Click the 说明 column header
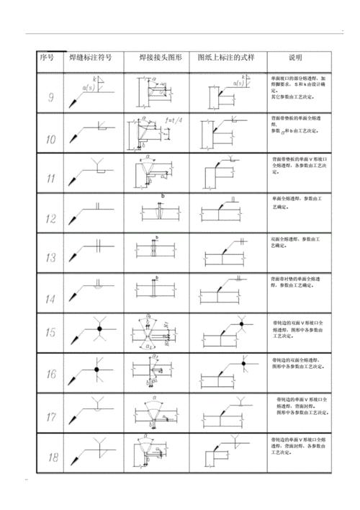point(295,57)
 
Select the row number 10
point(51,138)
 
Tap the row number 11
point(51,178)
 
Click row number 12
point(51,218)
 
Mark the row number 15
point(51,332)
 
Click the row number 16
point(51,373)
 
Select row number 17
point(51,416)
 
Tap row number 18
point(51,457)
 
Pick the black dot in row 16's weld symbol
point(96,370)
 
